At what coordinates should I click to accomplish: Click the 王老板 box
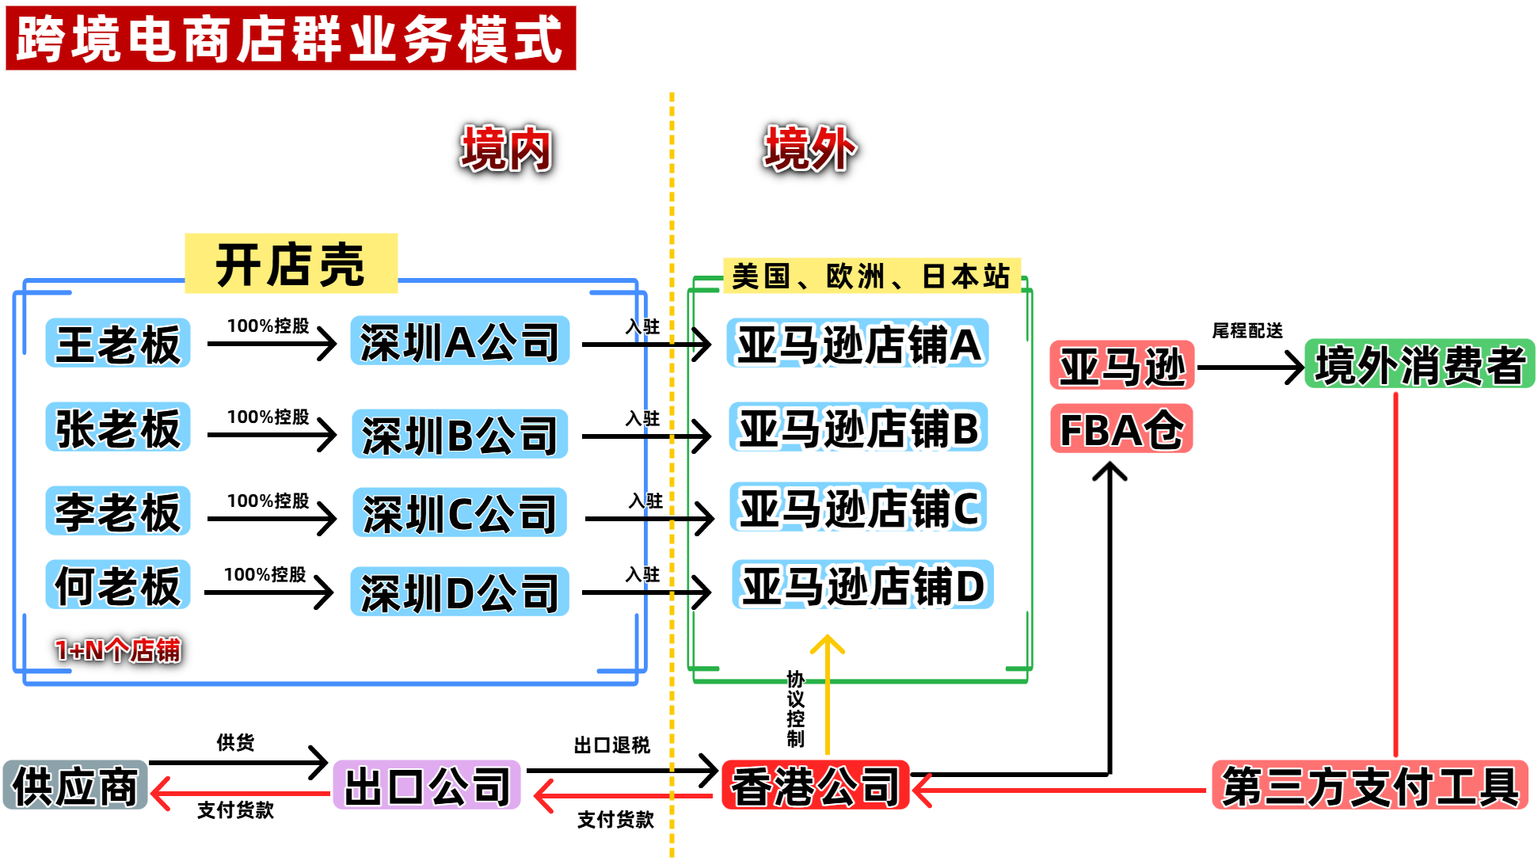click(x=118, y=343)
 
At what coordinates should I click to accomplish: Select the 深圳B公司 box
click(x=459, y=434)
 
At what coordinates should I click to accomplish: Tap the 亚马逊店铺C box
click(x=858, y=508)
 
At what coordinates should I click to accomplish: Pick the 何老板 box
click(x=118, y=585)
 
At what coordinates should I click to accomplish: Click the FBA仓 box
click(x=1121, y=429)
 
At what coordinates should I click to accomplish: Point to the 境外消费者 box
click(x=1419, y=364)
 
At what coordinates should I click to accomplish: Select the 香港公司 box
click(x=815, y=786)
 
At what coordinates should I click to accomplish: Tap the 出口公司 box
click(x=427, y=786)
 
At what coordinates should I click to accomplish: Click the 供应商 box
click(x=75, y=786)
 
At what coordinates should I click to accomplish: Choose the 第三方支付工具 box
click(x=1369, y=786)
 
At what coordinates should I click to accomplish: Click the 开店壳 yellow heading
click(x=291, y=264)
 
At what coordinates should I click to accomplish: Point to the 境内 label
click(x=506, y=149)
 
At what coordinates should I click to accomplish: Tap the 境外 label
click(x=809, y=149)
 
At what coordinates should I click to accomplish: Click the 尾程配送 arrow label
click(x=1247, y=330)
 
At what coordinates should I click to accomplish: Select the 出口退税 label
click(x=611, y=745)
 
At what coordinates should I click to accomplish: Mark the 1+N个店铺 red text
click(x=118, y=650)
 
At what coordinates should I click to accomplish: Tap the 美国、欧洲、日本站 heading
click(x=871, y=276)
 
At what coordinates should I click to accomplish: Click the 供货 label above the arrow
click(x=235, y=742)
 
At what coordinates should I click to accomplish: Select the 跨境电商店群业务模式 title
click(x=291, y=38)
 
